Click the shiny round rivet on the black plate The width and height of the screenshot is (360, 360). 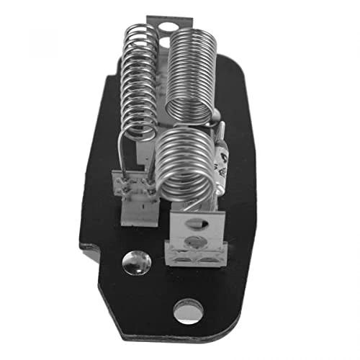point(137,263)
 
